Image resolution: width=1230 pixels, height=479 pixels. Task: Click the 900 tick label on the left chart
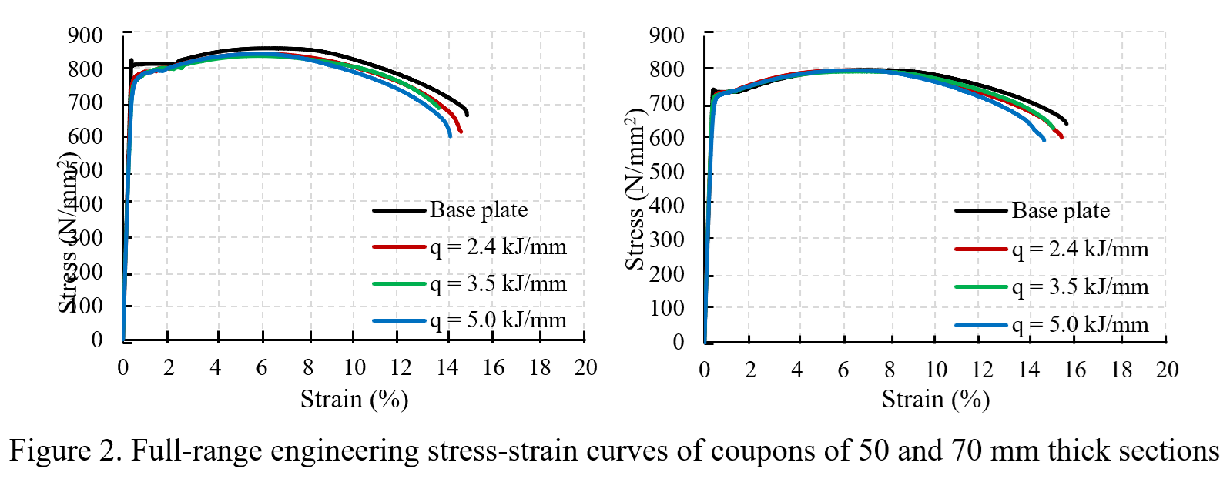pos(85,35)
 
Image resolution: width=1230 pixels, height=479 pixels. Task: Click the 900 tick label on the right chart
pos(667,35)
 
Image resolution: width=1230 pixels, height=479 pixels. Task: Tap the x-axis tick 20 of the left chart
pos(585,367)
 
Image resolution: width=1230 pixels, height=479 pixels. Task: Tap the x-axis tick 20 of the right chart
pos(1167,370)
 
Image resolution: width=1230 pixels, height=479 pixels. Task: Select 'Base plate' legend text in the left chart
pos(478,209)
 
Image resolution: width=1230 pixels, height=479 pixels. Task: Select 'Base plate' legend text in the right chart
pos(1061,210)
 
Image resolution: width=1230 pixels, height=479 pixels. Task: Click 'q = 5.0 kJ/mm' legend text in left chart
pos(498,320)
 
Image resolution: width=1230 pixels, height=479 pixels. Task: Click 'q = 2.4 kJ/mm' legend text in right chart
pos(1080,249)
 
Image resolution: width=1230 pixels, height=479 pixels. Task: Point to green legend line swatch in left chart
pos(399,283)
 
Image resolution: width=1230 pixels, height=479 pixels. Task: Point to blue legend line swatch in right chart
pos(981,325)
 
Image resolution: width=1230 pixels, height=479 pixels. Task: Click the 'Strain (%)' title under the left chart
pos(354,399)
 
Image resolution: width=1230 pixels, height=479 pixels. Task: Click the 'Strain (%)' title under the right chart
pos(935,399)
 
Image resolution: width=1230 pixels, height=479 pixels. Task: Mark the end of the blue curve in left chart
pos(450,136)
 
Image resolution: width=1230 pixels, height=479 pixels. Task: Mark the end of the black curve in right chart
pos(1066,123)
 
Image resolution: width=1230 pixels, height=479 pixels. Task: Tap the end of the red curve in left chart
pos(461,132)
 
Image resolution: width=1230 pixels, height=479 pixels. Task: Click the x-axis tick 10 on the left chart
pos(354,367)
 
